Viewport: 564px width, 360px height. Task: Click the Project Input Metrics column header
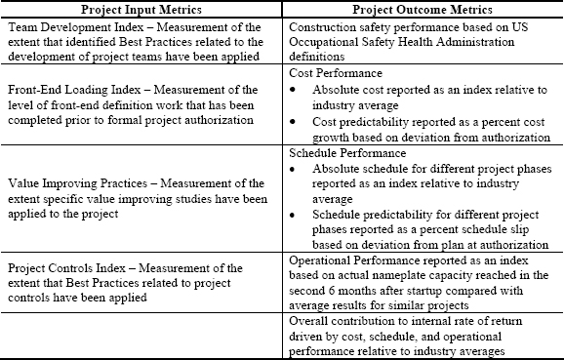tap(143, 9)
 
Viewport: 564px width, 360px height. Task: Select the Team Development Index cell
tap(143, 36)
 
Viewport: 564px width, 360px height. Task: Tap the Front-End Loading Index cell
tap(143, 104)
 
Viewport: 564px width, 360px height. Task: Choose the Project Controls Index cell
tap(143, 283)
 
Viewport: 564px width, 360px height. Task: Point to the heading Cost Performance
tap(336, 73)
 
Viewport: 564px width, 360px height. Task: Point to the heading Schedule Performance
tap(346, 153)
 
